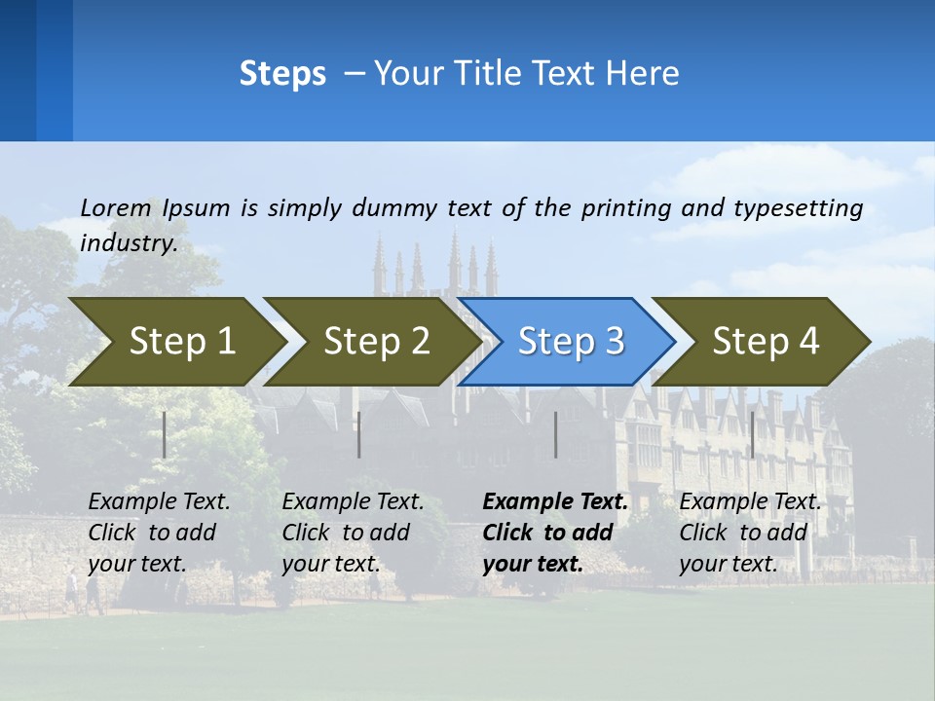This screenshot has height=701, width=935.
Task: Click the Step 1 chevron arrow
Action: point(181,342)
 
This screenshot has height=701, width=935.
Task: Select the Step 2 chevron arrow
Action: point(376,342)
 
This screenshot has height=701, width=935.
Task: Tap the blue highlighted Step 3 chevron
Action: point(571,342)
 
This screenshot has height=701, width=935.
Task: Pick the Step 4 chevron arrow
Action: point(766,342)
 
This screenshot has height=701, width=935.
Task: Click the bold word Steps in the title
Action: point(282,74)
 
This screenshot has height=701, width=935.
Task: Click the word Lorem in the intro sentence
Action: point(115,207)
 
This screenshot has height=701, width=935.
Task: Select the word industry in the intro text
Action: point(128,243)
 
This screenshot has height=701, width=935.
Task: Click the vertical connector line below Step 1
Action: point(165,434)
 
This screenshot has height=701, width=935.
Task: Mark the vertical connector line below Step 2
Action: point(359,434)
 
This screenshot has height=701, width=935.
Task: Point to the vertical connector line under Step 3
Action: point(555,434)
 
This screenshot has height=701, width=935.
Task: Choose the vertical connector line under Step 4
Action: point(752,434)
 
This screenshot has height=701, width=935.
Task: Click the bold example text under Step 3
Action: point(555,533)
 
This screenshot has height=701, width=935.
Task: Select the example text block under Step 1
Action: point(159,533)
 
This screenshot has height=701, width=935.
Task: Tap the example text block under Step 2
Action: point(353,533)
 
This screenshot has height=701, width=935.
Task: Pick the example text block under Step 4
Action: point(750,533)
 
